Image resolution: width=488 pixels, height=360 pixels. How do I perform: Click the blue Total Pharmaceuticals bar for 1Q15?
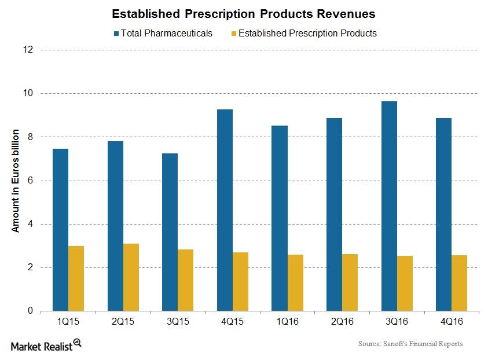[60, 230]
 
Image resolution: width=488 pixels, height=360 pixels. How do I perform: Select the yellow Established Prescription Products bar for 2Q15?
[131, 277]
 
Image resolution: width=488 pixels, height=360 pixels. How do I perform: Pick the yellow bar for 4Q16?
[460, 283]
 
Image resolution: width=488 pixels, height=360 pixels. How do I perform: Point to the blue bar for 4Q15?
[225, 210]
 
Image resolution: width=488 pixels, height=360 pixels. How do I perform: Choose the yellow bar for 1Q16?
[295, 282]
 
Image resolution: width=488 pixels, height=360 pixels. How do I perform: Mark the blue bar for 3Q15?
[170, 232]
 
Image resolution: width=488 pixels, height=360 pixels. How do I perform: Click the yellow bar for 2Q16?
[350, 282]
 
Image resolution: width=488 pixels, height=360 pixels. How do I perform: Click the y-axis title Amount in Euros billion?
[16, 181]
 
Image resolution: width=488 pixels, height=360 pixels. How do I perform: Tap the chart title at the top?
[243, 13]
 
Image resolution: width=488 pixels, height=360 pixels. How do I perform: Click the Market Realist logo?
[46, 345]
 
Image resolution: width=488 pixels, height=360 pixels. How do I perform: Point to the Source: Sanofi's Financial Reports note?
[410, 344]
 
